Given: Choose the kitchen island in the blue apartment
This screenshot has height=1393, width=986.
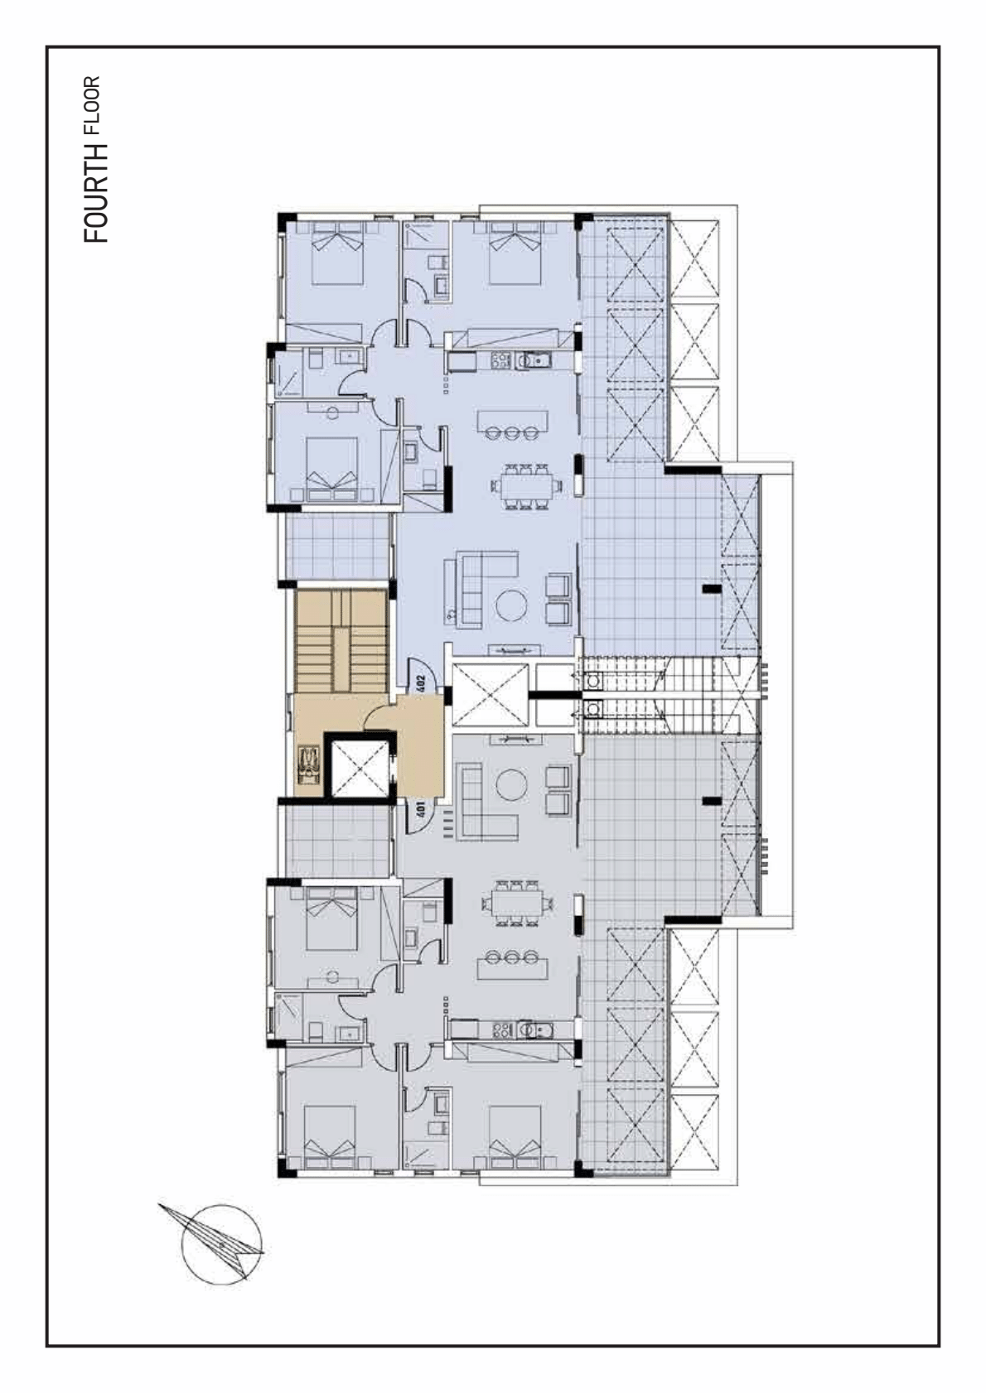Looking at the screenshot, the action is point(513,421).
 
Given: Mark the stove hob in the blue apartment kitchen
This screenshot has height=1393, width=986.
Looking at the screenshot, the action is point(500,360).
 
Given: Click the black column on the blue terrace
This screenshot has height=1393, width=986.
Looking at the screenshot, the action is point(712,588).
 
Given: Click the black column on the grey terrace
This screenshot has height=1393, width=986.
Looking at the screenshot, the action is point(712,801).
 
